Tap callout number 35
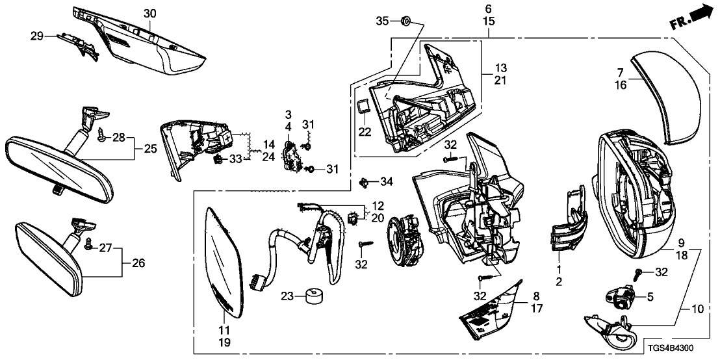383,22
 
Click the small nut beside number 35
404,22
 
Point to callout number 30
149,14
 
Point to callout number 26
138,263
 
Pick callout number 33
235,159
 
